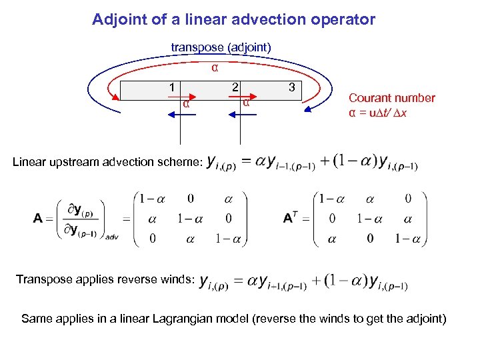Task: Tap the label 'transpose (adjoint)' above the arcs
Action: tap(221, 47)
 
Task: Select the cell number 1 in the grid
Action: tap(172, 87)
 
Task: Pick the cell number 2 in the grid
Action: tap(235, 87)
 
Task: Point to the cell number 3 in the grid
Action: tap(291, 87)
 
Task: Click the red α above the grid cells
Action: tap(215, 67)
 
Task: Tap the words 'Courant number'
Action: tap(391, 98)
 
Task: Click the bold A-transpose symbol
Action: tap(291, 218)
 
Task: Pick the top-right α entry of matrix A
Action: tap(229, 199)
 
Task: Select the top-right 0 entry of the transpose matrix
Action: tap(408, 199)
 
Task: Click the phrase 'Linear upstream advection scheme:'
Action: tap(107, 162)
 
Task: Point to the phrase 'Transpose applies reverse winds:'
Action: tap(105, 279)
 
